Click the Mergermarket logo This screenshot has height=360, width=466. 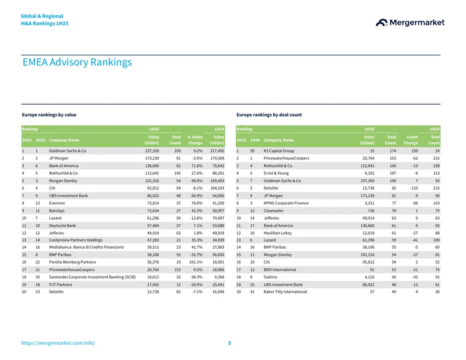click(410, 23)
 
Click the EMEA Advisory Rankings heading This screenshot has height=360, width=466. click(77, 62)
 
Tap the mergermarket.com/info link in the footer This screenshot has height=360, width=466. click(58, 343)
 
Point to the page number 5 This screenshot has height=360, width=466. click(230, 343)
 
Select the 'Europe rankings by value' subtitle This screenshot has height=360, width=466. click(49, 115)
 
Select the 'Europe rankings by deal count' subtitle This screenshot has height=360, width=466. click(269, 115)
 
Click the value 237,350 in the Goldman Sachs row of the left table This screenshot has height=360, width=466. click(152, 151)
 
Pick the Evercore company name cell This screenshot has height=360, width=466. click(57, 203)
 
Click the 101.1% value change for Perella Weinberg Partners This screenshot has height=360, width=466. click(196, 262)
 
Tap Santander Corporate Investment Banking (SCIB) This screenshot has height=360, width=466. click(92, 277)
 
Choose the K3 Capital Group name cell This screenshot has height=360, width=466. click(279, 151)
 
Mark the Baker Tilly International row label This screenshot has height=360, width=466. click(285, 292)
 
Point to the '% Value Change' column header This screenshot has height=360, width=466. click(195, 140)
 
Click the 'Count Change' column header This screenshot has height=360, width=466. click(411, 140)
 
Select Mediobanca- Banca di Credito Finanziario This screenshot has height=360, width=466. click(86, 247)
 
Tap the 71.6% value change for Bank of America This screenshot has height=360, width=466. click(197, 165)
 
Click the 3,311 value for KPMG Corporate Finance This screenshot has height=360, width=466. click(369, 203)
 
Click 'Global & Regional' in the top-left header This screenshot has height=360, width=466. click(42, 16)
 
